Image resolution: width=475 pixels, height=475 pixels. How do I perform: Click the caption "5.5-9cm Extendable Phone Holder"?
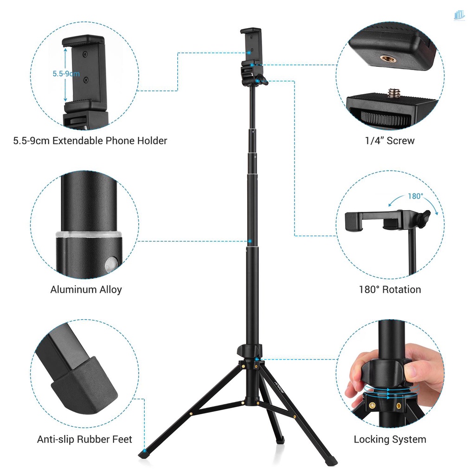[90, 141]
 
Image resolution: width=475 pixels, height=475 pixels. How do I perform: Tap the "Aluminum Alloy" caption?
[86, 289]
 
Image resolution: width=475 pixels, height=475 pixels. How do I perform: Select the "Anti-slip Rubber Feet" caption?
[84, 439]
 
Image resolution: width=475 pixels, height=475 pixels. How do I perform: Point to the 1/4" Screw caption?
[390, 141]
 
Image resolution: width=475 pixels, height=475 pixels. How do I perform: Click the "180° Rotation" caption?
[390, 289]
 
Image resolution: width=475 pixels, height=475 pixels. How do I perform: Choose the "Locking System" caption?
[390, 439]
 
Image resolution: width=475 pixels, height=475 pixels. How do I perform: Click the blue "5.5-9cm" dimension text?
[65, 74]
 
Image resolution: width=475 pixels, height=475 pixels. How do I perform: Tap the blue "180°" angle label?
[415, 196]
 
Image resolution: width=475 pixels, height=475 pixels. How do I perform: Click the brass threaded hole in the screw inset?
[386, 58]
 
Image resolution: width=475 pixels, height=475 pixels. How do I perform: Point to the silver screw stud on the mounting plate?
[395, 93]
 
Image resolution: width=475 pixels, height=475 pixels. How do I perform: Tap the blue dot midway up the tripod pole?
[250, 242]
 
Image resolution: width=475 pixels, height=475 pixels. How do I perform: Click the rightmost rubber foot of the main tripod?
[332, 461]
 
